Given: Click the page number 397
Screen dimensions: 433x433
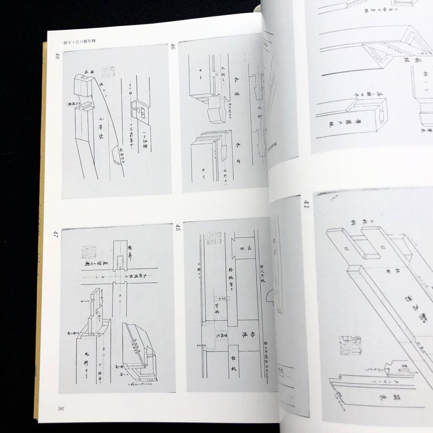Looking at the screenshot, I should click(61, 409).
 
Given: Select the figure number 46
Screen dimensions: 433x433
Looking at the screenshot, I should click(173, 49).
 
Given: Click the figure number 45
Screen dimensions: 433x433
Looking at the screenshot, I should click(178, 229).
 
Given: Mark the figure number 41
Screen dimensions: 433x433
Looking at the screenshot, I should click(306, 206).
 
